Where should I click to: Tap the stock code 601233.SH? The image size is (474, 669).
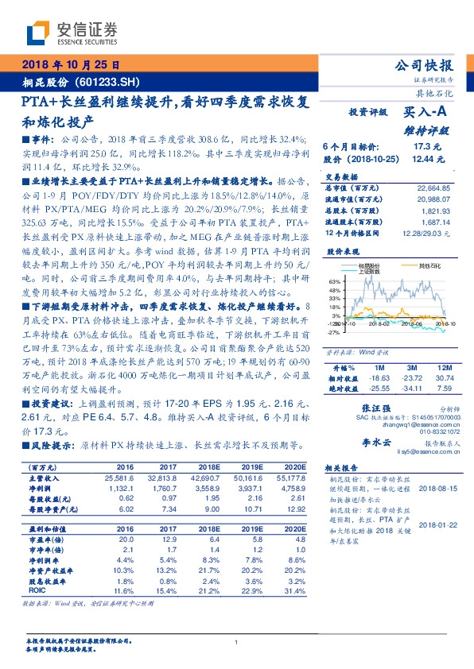click(108, 82)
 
